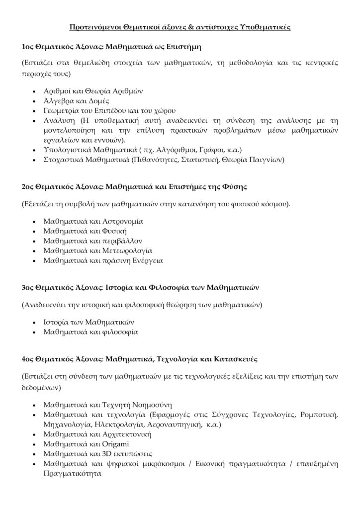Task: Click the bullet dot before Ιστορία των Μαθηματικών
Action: tap(33, 321)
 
